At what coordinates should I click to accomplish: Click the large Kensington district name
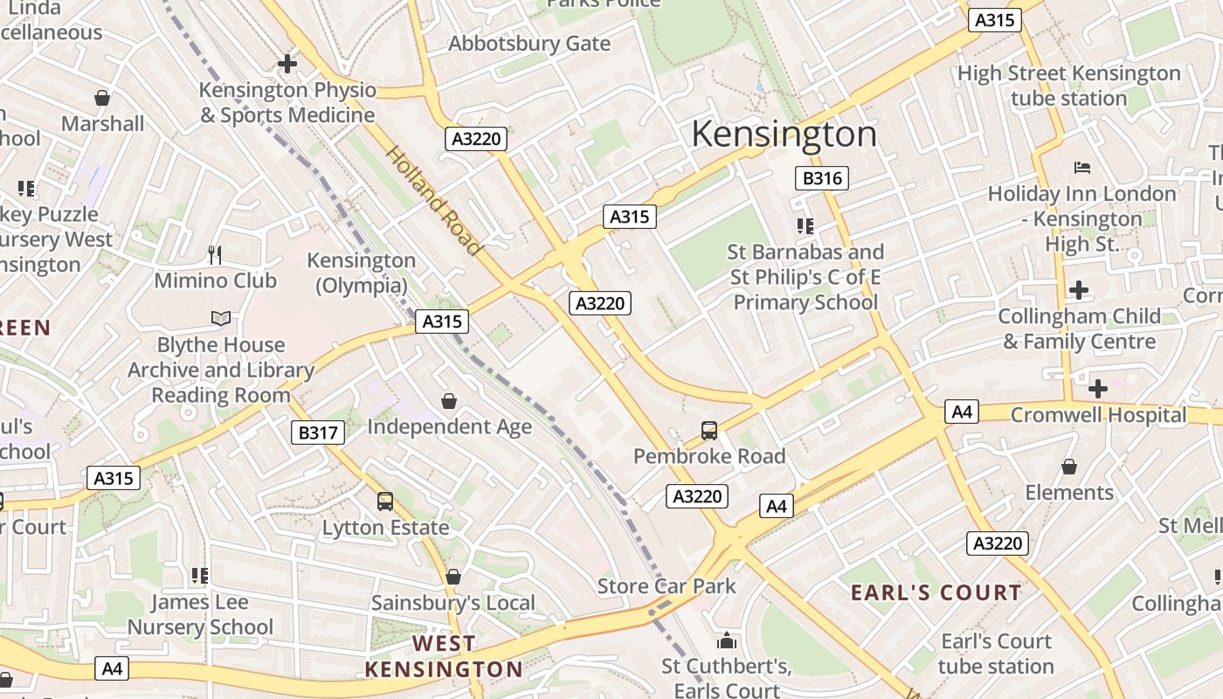784,135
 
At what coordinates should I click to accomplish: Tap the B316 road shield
822,179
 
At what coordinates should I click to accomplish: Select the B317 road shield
318,432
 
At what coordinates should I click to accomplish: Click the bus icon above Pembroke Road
709,430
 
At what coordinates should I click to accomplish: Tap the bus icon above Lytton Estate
385,502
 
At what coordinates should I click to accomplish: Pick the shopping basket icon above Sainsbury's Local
453,577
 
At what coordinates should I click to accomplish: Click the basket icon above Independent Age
449,401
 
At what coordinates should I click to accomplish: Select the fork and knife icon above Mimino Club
215,254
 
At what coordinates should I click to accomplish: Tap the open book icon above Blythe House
221,319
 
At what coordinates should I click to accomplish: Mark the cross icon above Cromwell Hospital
1098,388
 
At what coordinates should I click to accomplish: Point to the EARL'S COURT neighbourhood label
936,592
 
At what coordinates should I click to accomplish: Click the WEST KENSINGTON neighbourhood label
444,656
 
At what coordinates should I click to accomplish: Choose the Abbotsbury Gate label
529,43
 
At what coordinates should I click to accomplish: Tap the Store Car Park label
667,585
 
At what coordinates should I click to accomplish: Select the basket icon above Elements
1068,467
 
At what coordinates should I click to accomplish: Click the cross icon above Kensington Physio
287,64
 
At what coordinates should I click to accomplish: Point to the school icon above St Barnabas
805,226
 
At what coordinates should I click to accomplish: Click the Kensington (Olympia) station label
361,273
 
